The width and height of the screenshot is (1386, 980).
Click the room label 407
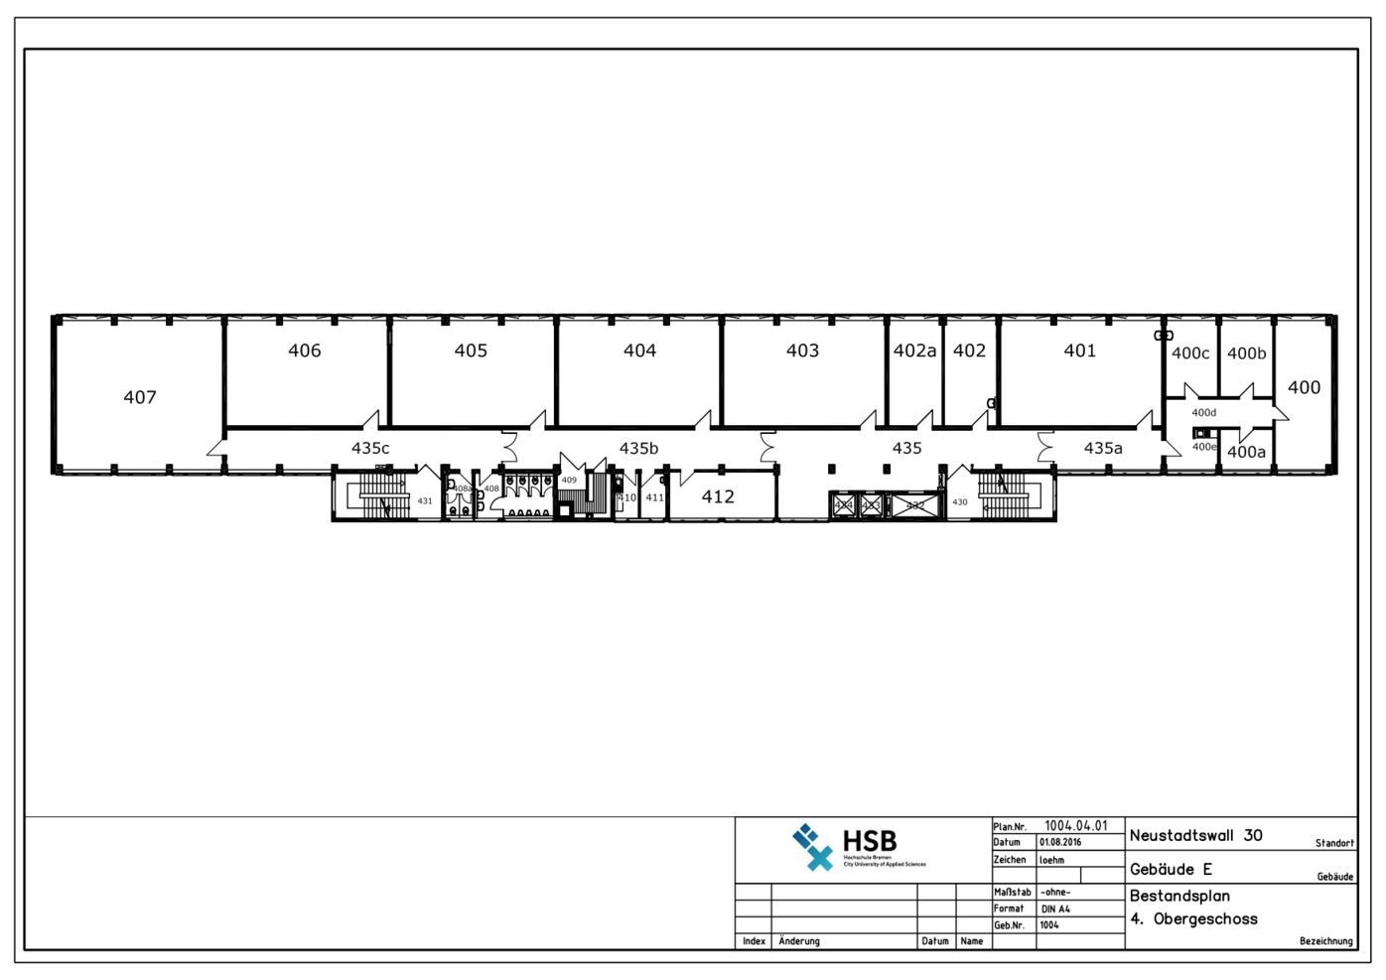coord(140,397)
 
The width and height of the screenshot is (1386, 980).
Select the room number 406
coord(305,350)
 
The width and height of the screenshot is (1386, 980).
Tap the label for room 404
coord(639,350)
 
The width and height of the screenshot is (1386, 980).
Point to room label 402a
coord(914,350)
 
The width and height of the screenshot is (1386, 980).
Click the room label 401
coord(1080,350)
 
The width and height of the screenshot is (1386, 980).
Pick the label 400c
coord(1190,353)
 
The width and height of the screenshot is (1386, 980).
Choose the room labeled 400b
coord(1246,353)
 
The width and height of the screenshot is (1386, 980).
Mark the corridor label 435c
coord(370,449)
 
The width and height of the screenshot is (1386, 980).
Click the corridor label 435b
coord(638,449)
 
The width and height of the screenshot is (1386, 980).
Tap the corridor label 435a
coord(1103,449)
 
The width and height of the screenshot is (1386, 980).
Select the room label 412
coord(718,496)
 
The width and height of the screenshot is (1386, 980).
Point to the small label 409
coord(569,481)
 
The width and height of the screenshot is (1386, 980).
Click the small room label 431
coord(425,501)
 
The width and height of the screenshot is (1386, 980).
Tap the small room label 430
coord(960,502)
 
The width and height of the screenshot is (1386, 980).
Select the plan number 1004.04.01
coord(1075,826)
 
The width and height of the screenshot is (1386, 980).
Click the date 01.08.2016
coord(1060,842)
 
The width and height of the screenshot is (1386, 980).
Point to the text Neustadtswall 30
coord(1195,836)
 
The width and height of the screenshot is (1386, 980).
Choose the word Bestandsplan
coord(1179,896)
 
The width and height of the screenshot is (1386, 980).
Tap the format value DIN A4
coord(1055,910)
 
